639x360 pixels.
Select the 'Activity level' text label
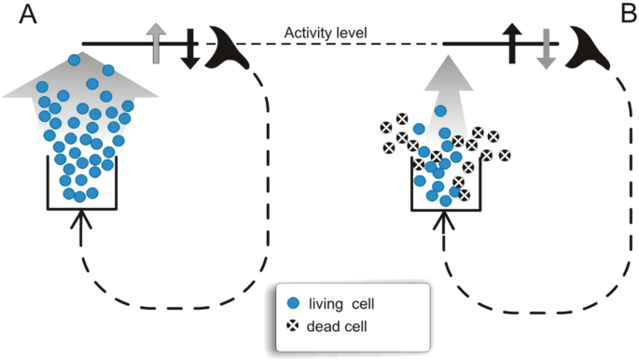326,35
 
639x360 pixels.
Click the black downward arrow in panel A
189,48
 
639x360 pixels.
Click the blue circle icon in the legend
294,303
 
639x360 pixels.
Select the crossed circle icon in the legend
294,326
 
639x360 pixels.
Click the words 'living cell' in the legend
346,303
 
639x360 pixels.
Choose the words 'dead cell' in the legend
339,326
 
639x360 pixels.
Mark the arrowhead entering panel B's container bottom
442,216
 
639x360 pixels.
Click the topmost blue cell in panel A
75,61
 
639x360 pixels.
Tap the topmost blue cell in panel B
438,111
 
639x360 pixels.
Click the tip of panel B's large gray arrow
446,58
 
